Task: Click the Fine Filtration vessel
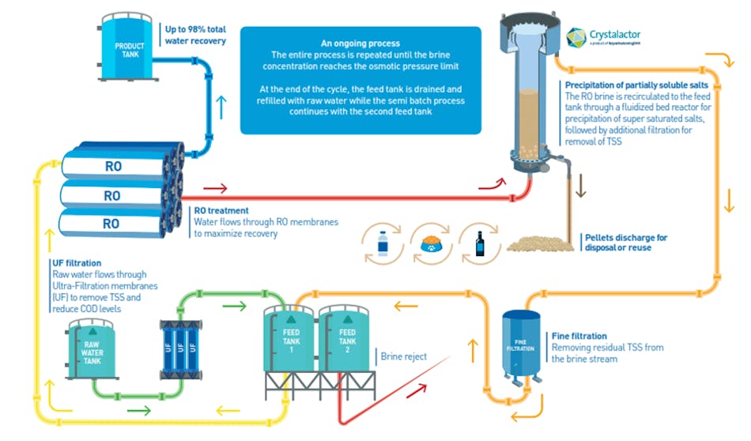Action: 522,345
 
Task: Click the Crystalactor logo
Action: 601,36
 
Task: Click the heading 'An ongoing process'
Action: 360,43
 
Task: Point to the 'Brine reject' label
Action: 404,356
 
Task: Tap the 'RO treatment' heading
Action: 222,211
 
